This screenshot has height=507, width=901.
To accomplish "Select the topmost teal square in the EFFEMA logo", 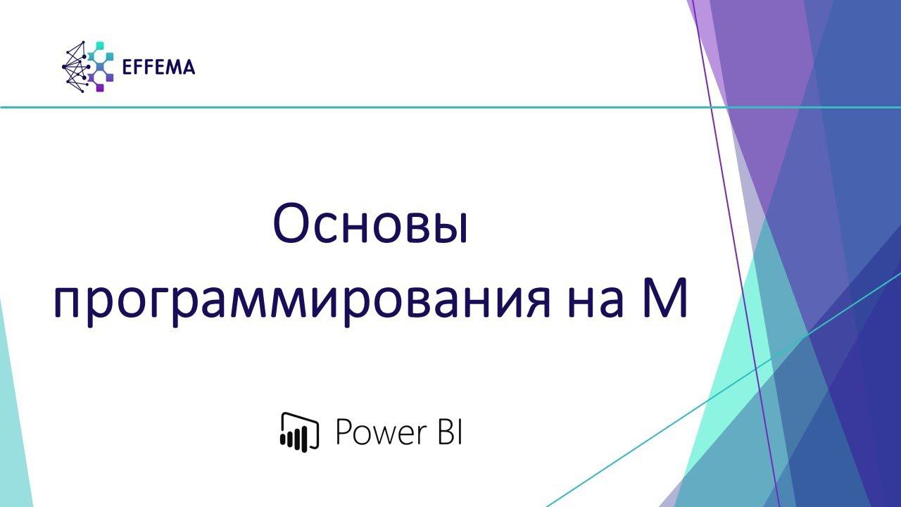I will coord(99,46).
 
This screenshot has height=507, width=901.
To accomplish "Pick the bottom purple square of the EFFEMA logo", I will coord(100,87).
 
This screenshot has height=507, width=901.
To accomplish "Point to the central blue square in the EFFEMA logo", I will coord(100,67).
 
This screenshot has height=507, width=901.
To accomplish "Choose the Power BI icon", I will coord(300,431).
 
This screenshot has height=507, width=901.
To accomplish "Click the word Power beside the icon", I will coord(377,432).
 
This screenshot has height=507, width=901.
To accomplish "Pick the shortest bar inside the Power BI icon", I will coord(283,441).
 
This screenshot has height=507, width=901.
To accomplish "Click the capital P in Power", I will coord(343,432).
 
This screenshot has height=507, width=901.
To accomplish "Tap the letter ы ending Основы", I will coord(452,228).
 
